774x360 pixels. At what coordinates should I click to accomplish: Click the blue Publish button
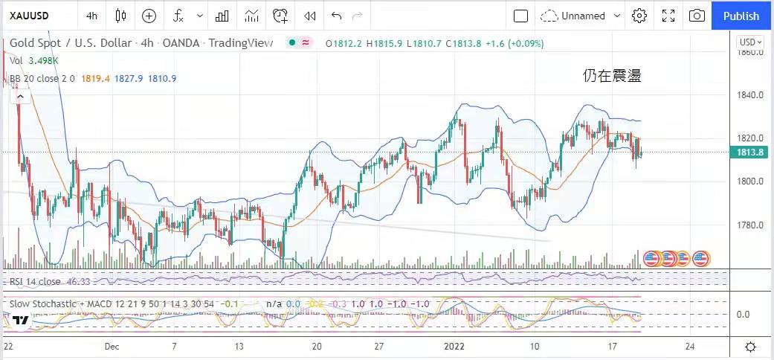(x=741, y=16)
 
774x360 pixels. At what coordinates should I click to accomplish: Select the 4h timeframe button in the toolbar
(x=91, y=16)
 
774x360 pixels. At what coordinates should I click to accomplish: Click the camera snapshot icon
(x=697, y=16)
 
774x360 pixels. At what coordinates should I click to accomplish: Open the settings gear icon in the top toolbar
(x=639, y=16)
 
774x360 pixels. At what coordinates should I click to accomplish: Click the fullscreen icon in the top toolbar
(x=668, y=16)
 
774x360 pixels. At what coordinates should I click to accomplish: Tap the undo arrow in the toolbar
(x=336, y=16)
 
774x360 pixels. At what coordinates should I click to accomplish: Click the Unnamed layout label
(x=584, y=16)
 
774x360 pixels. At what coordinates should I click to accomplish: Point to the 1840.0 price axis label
(x=752, y=95)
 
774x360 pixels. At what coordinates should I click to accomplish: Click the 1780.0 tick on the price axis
(x=752, y=225)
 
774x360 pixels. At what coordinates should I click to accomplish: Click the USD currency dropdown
(x=749, y=42)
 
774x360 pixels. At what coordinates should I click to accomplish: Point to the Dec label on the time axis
(x=112, y=347)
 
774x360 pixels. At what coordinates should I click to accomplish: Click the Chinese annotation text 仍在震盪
(x=611, y=76)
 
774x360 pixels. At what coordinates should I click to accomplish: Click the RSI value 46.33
(x=79, y=281)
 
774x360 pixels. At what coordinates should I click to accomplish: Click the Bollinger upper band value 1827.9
(x=129, y=78)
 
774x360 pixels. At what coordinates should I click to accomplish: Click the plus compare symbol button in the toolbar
(x=149, y=16)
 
